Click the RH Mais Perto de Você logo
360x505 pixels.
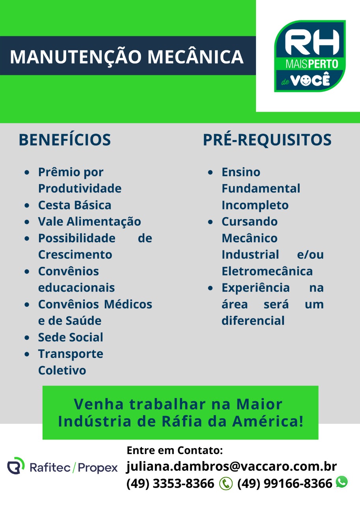310,56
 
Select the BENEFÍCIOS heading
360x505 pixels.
65,140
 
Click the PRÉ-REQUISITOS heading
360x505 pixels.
267,140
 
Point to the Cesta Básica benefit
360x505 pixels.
75,205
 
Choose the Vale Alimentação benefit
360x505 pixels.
90,221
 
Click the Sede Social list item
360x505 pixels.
71,337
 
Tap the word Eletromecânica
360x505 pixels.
267,271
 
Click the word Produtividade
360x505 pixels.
80,188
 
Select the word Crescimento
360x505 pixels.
75,254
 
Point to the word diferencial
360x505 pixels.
253,321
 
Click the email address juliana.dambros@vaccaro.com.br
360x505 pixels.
232,466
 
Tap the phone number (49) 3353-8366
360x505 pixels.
170,484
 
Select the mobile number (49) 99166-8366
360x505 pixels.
285,484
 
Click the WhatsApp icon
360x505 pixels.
342,482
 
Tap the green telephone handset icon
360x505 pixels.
226,484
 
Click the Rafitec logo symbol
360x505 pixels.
16,466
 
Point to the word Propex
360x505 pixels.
98,468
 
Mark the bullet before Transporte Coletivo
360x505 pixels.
27,354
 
